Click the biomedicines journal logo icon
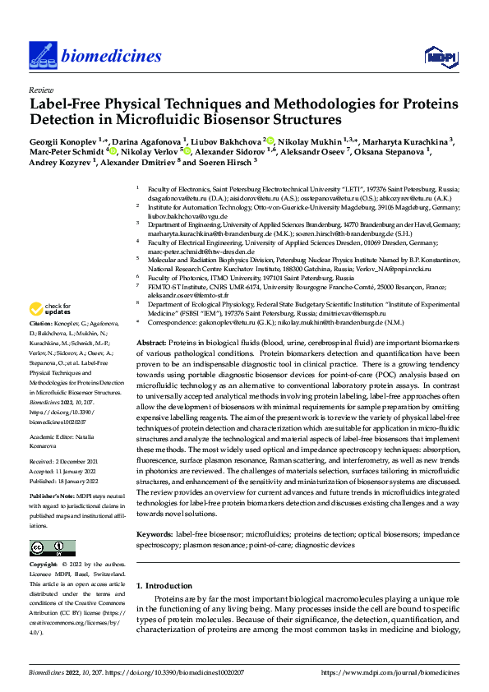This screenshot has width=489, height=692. [x=41, y=55]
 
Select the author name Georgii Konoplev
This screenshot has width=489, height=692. [x=63, y=141]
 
